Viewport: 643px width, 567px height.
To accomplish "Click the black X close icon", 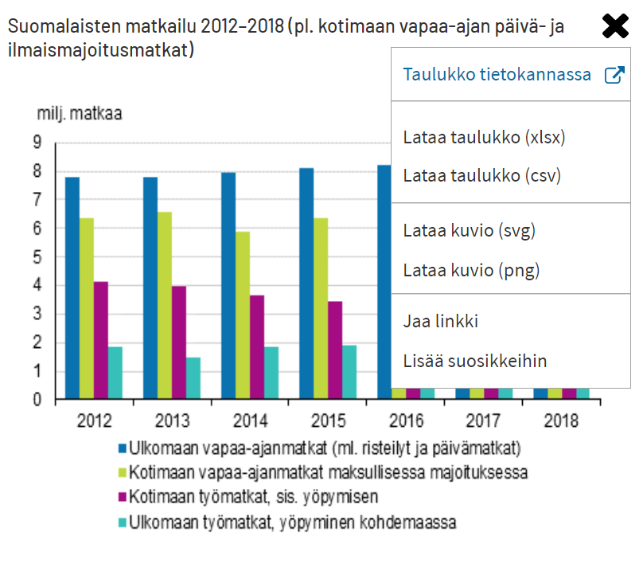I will [616, 26].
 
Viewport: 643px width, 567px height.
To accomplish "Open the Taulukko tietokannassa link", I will [497, 75].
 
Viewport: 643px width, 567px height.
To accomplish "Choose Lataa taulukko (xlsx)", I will [484, 137].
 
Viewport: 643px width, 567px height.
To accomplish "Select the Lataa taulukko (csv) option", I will [482, 175].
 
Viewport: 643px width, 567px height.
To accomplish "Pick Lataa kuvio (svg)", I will [470, 232].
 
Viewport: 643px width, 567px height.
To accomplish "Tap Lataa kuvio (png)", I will [471, 270].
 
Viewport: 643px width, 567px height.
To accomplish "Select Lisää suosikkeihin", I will [475, 361].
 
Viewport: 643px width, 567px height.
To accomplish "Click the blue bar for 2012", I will [72, 287].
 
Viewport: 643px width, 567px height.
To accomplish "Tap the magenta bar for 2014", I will [256, 346].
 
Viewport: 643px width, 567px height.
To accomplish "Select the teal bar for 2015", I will [349, 372].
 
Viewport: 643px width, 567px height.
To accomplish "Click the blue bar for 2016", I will [384, 279].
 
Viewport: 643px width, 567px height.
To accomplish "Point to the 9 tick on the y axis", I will [37, 143].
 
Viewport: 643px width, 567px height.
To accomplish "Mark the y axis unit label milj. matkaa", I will [80, 113].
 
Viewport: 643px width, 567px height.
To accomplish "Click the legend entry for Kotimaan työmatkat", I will [254, 496].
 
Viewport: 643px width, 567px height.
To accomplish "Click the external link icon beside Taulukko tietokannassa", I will [614, 75].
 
